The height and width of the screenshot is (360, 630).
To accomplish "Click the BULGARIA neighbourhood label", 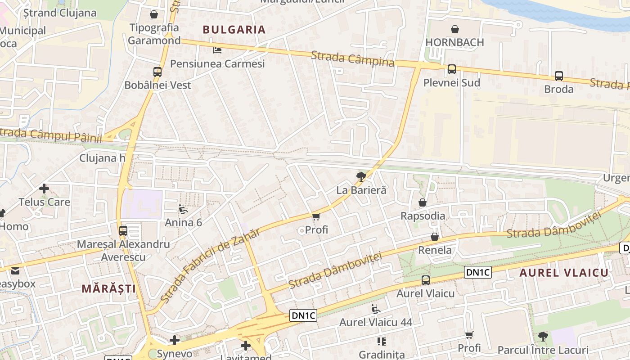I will click(x=234, y=30).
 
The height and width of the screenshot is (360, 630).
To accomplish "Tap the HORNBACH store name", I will click(x=454, y=42).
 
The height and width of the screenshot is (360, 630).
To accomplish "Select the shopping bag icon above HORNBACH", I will click(x=455, y=29).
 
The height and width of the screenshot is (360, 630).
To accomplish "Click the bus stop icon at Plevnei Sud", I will click(x=451, y=69).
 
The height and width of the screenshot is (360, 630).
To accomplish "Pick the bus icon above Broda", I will click(x=558, y=76).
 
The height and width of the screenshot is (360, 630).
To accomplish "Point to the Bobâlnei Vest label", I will click(x=157, y=85).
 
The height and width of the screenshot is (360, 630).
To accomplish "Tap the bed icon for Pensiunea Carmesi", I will click(x=217, y=50).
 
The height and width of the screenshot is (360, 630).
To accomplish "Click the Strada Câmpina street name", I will click(x=352, y=59).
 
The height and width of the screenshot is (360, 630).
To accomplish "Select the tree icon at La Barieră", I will click(x=360, y=176).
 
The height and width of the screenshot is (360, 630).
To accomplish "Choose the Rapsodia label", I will click(x=423, y=216).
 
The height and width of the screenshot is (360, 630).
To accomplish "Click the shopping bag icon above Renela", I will click(x=434, y=237).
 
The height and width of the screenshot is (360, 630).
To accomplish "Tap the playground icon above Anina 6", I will click(x=183, y=209).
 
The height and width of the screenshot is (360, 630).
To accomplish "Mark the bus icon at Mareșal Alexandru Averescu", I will click(x=123, y=231).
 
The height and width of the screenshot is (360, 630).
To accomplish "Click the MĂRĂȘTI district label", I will click(x=108, y=288).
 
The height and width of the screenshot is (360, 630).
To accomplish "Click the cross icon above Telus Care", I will click(x=44, y=189).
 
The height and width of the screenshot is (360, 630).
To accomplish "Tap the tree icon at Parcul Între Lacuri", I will click(x=543, y=336).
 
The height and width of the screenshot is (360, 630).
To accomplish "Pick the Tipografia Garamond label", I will click(x=154, y=34).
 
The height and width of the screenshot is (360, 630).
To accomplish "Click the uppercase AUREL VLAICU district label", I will click(x=564, y=272).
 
